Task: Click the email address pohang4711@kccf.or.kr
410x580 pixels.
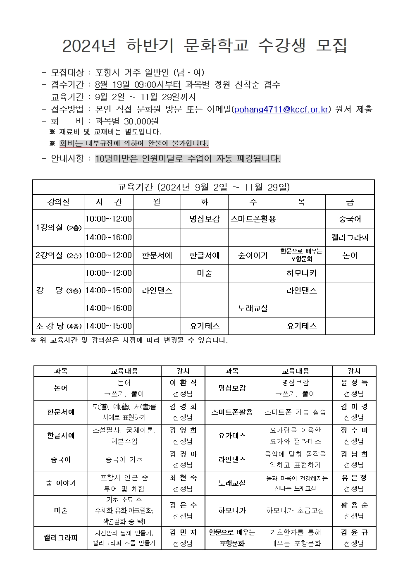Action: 281,109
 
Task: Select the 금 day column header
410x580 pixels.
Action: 350,202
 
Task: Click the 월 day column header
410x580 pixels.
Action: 157,202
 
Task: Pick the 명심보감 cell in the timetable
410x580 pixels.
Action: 204,219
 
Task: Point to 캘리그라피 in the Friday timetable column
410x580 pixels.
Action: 350,238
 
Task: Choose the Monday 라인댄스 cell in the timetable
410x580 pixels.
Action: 157,291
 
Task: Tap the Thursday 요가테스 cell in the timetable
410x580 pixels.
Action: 301,326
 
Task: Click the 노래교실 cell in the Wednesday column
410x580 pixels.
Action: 253,308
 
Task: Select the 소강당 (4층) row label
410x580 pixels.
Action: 58,326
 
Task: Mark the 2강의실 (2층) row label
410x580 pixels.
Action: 58,255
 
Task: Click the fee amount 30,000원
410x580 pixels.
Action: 127,122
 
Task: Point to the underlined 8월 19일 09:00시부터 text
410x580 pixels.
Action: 138,85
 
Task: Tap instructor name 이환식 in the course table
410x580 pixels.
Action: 183,383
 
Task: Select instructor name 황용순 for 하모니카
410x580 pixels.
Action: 354,505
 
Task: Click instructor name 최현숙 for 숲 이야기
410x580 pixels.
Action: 183,478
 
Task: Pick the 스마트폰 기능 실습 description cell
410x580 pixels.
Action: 296,412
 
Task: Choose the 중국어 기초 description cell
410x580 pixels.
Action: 124,460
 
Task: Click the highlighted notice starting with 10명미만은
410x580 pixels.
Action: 188,159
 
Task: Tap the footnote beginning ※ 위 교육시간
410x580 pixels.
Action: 129,341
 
